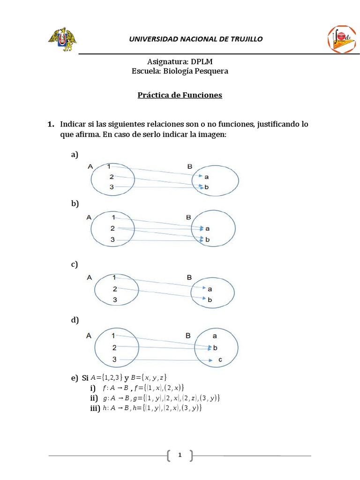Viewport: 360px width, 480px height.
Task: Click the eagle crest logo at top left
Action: coord(63,39)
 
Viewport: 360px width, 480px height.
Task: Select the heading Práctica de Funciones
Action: coord(180,95)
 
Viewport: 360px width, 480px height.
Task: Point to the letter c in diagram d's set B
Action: coord(219,360)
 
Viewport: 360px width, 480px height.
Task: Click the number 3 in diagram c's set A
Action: coord(115,300)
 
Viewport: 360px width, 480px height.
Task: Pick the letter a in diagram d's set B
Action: coord(214,336)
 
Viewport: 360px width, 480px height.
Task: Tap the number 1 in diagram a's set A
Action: coord(109,166)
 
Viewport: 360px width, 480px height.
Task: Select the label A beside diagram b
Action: coord(89,217)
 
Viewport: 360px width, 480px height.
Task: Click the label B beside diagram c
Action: coord(189,277)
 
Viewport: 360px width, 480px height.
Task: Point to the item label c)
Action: coord(74,264)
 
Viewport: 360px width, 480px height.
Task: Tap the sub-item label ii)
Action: coord(94,398)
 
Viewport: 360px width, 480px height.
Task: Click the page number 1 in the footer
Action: coord(180,455)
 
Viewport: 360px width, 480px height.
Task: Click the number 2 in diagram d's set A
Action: coord(114,348)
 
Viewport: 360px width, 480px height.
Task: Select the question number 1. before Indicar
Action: coord(51,125)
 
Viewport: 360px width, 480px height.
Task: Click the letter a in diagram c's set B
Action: coord(210,289)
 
